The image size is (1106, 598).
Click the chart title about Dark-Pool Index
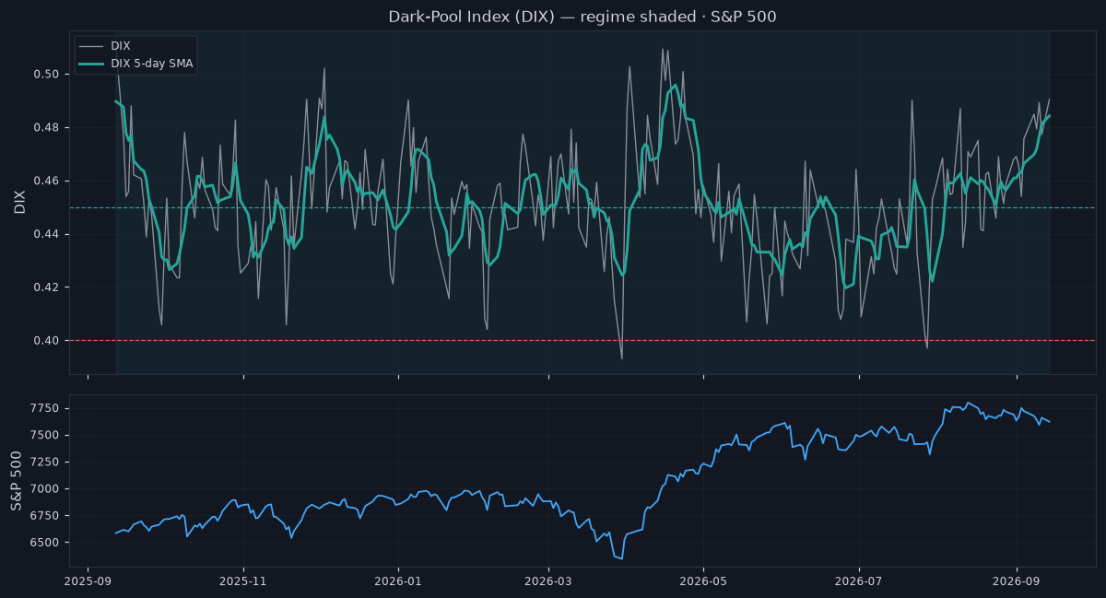[582, 17]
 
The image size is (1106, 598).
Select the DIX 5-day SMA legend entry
[135, 64]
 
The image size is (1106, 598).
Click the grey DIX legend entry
[105, 46]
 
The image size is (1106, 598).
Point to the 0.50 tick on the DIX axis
[46, 74]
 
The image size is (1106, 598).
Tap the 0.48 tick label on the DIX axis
[46, 127]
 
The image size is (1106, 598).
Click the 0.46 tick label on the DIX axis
[46, 181]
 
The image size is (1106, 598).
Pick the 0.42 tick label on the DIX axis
[46, 287]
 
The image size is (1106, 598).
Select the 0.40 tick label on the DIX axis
[46, 341]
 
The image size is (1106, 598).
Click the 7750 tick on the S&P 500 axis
[44, 408]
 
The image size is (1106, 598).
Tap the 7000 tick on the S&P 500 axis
[44, 489]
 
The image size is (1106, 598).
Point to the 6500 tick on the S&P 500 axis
[44, 542]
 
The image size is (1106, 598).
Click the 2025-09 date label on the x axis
[88, 581]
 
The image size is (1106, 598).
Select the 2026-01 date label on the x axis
[398, 581]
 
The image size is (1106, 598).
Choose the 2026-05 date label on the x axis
[703, 581]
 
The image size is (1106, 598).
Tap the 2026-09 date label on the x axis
[1016, 581]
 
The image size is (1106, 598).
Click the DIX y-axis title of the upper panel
[19, 202]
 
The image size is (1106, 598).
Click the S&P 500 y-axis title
[17, 481]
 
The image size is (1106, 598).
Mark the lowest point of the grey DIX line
[621, 358]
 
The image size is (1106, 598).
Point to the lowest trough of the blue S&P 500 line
[621, 559]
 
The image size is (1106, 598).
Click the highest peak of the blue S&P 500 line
[969, 403]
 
